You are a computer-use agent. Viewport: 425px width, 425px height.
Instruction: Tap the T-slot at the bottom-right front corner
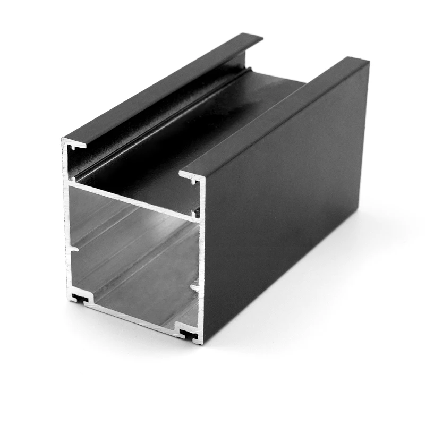pyautogui.click(x=187, y=333)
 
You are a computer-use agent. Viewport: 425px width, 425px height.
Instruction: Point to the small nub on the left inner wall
pyautogui.click(x=74, y=247)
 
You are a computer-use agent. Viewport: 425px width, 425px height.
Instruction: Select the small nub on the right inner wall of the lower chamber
pyautogui.click(x=195, y=288)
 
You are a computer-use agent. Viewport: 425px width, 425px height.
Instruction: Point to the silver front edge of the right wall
pyautogui.click(x=202, y=255)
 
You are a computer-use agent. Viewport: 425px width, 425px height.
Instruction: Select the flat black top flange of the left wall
pyautogui.click(x=159, y=88)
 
